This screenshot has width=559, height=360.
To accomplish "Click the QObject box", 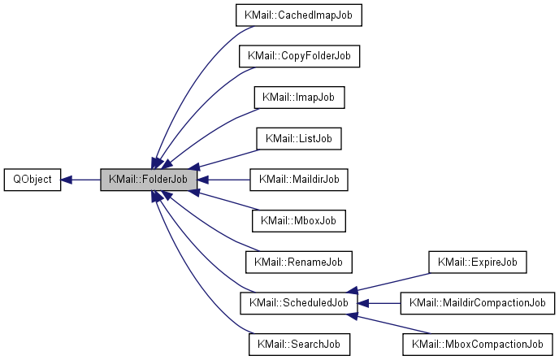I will [32, 180].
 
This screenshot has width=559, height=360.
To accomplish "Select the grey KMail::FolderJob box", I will [149, 180].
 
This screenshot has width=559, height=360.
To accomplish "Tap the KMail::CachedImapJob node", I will [298, 15].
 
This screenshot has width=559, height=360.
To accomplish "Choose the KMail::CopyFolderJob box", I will [298, 56].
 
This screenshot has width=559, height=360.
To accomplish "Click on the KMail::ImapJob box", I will [298, 97].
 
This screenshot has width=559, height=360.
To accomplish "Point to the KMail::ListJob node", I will [298, 138].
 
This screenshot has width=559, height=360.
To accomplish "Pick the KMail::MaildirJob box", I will [298, 180].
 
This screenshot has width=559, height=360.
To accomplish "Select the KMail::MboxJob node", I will [298, 220].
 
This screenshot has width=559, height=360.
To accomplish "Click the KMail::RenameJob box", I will [298, 262].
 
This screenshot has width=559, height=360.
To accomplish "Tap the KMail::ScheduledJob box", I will [298, 303].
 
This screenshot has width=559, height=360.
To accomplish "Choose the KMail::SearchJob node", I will [298, 344].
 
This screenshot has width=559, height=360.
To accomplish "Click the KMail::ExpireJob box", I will [478, 262].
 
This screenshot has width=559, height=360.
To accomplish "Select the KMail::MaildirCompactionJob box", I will [478, 303].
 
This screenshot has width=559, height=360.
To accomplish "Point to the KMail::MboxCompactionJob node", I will [478, 344].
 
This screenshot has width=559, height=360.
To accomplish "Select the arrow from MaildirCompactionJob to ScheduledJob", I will [382, 303].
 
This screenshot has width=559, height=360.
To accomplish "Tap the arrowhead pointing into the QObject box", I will [67, 180].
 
